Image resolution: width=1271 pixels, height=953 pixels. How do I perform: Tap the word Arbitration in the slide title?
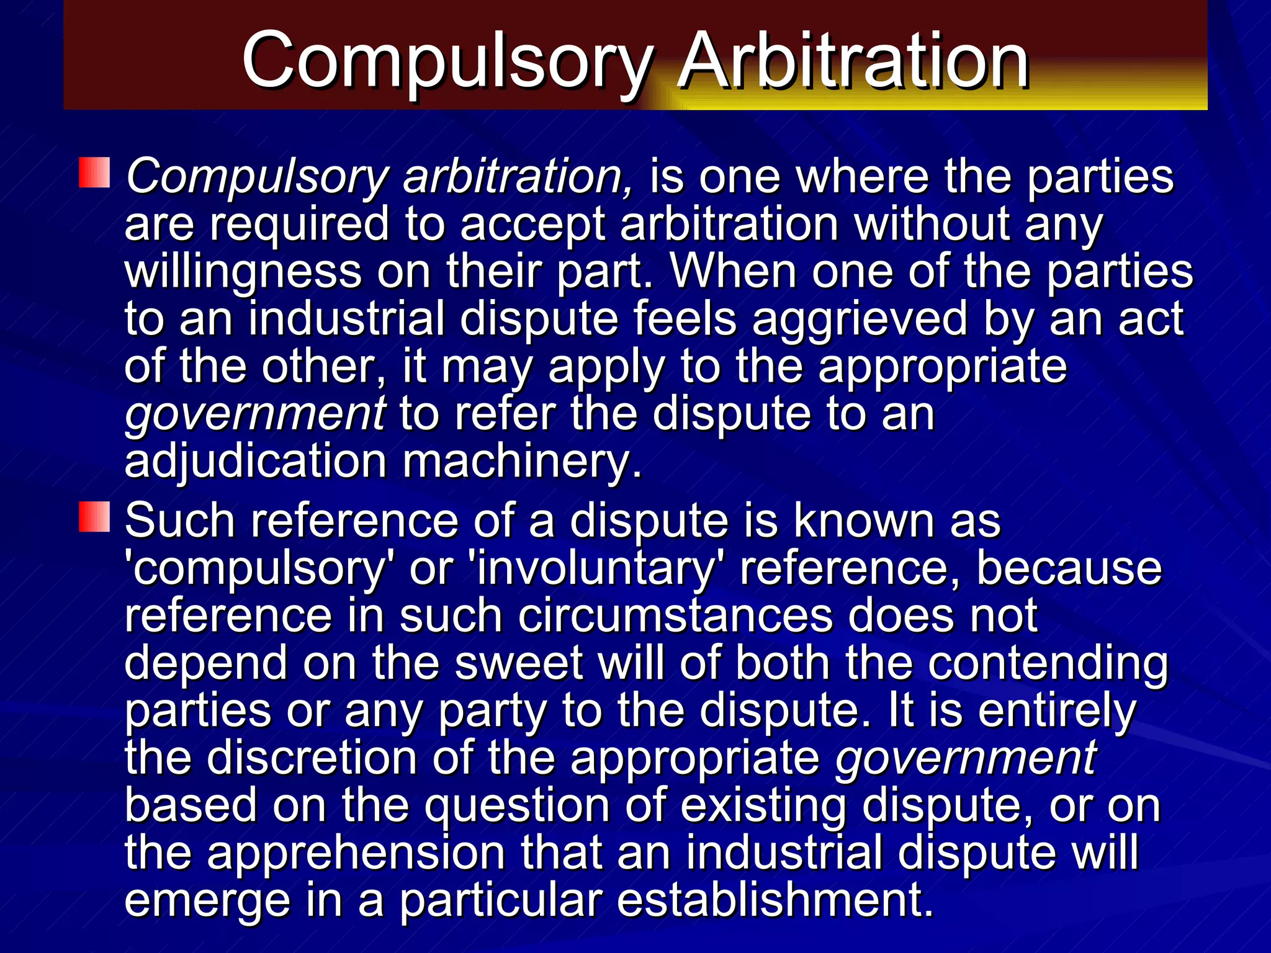point(853,61)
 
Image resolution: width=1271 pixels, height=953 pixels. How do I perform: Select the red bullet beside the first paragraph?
point(94,173)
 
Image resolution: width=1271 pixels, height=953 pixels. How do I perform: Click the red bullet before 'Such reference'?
point(94,517)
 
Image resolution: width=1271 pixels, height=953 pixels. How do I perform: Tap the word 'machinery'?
point(521,462)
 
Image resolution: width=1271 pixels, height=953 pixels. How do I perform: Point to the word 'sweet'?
point(519,663)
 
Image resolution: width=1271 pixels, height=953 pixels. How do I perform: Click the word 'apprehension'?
point(356,854)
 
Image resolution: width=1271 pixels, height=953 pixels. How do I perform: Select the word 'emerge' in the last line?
point(207,902)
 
